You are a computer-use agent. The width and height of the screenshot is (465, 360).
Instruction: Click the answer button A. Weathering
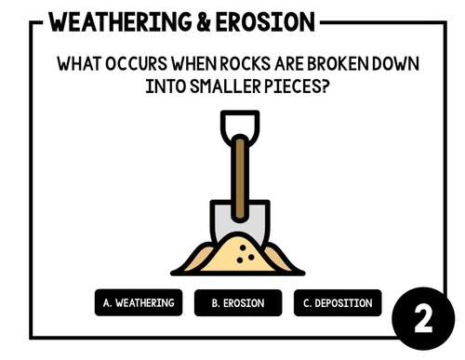pyautogui.click(x=139, y=303)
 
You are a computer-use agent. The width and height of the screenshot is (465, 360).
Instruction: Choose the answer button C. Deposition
pyautogui.click(x=337, y=303)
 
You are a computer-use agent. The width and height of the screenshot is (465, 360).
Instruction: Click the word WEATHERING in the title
pyautogui.click(x=109, y=21)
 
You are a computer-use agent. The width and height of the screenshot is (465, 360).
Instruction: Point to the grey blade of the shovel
pyautogui.click(x=221, y=223)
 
